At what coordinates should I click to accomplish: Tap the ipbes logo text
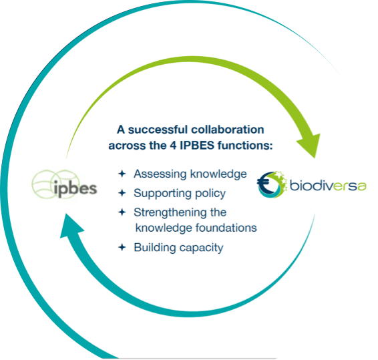pyautogui.click(x=75, y=189)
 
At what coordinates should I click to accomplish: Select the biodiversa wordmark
pyautogui.click(x=328, y=186)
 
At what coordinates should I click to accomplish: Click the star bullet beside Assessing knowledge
pyautogui.click(x=122, y=174)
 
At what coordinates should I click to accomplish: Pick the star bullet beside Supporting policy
pyautogui.click(x=122, y=193)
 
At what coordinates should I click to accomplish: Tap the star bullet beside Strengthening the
pyautogui.click(x=122, y=212)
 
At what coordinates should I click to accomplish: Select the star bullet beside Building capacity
pyautogui.click(x=122, y=247)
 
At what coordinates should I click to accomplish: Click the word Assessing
pyautogui.click(x=160, y=174)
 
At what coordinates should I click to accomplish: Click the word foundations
pyautogui.click(x=226, y=228)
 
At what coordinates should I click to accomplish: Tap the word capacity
pyautogui.click(x=201, y=248)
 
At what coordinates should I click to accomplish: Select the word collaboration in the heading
pyautogui.click(x=228, y=130)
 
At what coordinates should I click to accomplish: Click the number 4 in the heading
pyautogui.click(x=173, y=146)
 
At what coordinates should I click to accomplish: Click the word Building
pyautogui.click(x=155, y=248)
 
